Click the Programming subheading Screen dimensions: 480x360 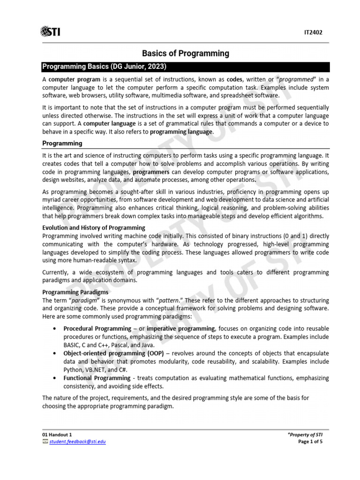pos(62,143)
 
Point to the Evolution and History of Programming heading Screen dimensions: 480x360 pos(94,227)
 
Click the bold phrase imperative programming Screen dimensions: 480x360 pos(180,329)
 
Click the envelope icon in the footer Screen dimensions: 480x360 pos(45,442)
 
